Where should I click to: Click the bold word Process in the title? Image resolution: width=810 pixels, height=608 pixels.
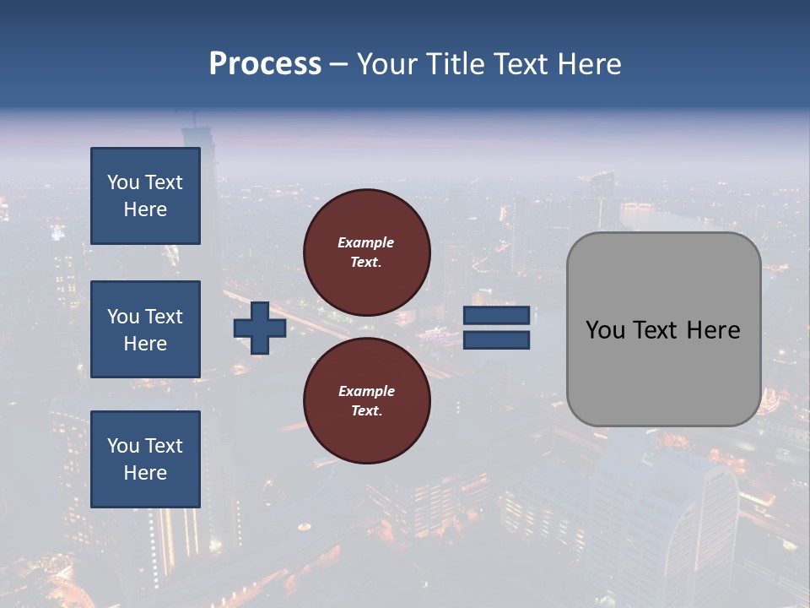pyautogui.click(x=265, y=64)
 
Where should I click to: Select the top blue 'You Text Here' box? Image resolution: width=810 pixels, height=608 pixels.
pyautogui.click(x=145, y=196)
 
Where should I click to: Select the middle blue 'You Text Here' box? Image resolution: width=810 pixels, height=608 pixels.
pyautogui.click(x=145, y=329)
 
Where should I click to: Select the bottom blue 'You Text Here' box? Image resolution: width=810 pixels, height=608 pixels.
pyautogui.click(x=145, y=459)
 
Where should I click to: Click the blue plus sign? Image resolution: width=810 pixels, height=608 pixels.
pyautogui.click(x=260, y=328)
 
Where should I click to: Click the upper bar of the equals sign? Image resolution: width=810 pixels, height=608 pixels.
pyautogui.click(x=496, y=316)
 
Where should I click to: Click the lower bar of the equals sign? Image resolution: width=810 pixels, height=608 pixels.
pyautogui.click(x=496, y=340)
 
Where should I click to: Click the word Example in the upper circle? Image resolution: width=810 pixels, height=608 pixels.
pyautogui.click(x=365, y=242)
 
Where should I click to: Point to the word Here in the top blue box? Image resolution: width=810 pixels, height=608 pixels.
pyautogui.click(x=145, y=209)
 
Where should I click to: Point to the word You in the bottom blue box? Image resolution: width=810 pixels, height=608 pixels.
pyautogui.click(x=123, y=445)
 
